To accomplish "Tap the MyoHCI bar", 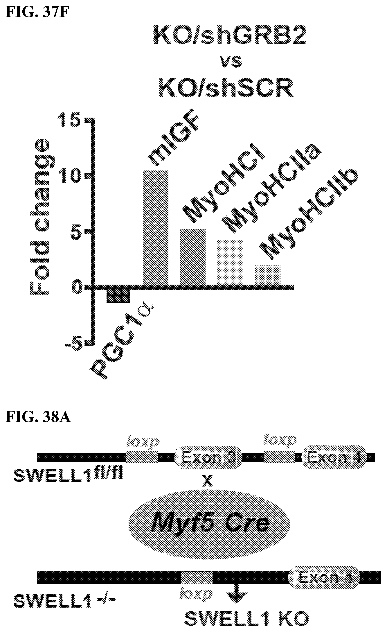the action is (193, 257).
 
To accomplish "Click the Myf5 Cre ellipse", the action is (209, 524).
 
